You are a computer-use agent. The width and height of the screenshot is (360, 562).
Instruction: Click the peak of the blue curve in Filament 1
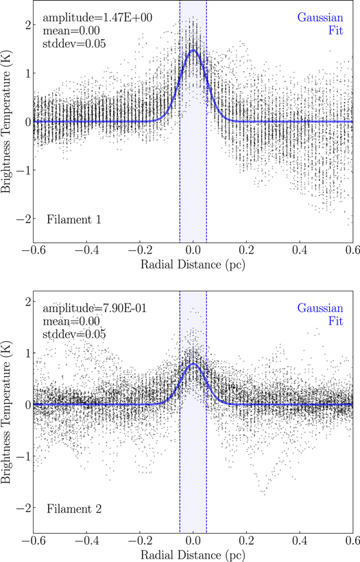pyautogui.click(x=193, y=50)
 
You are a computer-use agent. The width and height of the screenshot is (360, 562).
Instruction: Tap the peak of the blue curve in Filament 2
pyautogui.click(x=193, y=364)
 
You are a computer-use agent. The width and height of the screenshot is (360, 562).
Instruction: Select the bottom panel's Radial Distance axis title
pyautogui.click(x=193, y=553)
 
